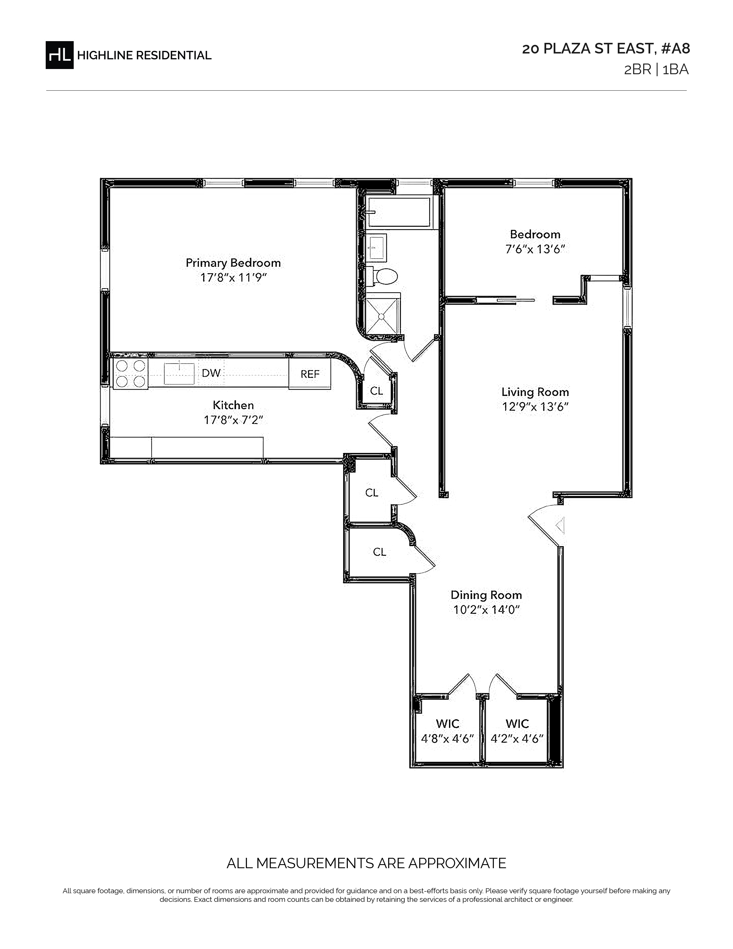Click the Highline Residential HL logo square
(x=60, y=55)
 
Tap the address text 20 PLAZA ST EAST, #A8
(x=606, y=49)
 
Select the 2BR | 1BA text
(x=656, y=70)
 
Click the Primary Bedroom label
(x=233, y=263)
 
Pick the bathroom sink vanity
(x=376, y=248)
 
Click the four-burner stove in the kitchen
(x=130, y=373)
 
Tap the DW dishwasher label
(x=211, y=373)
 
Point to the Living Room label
(x=535, y=392)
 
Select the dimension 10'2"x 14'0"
(x=486, y=610)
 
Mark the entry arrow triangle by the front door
(x=561, y=525)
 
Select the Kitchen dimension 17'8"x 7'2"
(x=234, y=420)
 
